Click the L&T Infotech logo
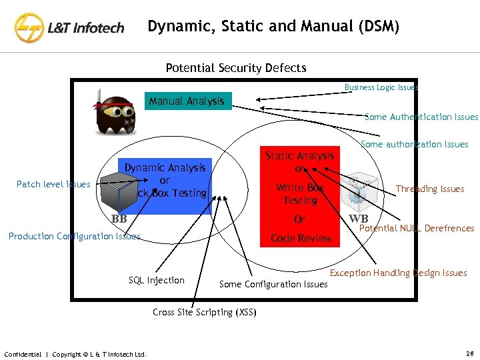click(69, 27)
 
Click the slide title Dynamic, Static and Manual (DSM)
click(273, 27)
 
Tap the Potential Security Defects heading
click(235, 68)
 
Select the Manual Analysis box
click(187, 101)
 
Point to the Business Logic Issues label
click(381, 87)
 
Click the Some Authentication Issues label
click(421, 117)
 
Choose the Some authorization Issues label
click(414, 144)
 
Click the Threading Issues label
click(430, 189)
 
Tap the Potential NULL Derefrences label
click(417, 228)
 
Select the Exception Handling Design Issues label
click(398, 273)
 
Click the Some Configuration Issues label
click(273, 284)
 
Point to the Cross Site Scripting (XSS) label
click(203, 312)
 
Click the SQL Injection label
click(157, 280)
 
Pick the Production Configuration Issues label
click(75, 236)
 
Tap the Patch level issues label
click(53, 184)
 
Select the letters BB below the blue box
click(119, 219)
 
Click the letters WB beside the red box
click(358, 219)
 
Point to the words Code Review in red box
click(301, 238)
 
